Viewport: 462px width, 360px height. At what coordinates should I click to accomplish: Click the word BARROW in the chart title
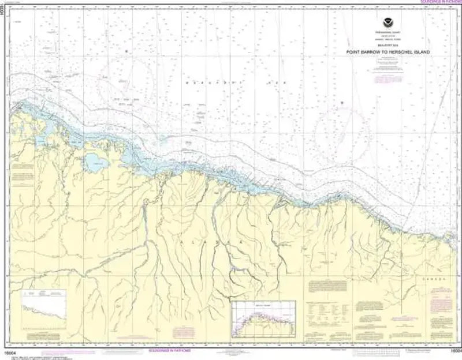tap(368, 52)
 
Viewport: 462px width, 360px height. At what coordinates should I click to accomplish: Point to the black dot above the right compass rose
tap(342, 103)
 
